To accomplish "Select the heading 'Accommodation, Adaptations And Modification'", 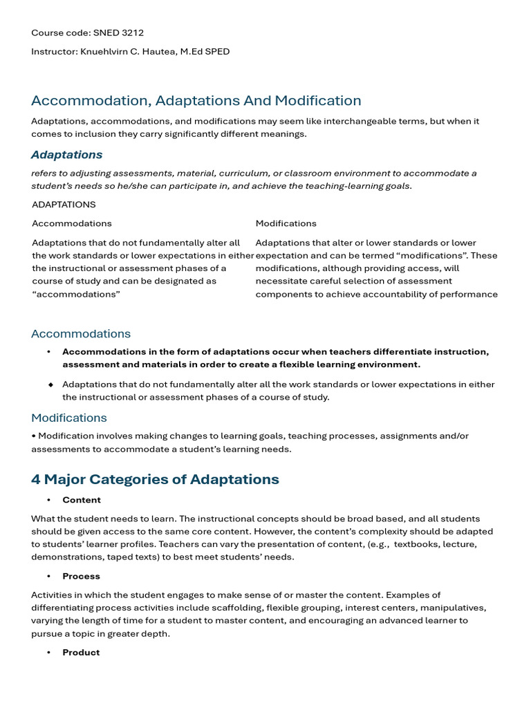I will [196, 100].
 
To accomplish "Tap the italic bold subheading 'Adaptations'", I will [66, 154].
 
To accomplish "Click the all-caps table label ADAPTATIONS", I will [64, 205].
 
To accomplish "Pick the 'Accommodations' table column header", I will [71, 223].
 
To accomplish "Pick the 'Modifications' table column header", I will [286, 223].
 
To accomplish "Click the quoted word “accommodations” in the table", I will [75, 294].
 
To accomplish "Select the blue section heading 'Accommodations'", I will [80, 333].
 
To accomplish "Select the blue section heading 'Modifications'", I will [68, 418].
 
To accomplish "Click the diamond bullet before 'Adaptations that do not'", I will [50, 384].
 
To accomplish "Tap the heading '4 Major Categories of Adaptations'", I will [155, 479].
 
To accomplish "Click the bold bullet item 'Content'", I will [81, 500].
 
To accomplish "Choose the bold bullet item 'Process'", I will [81, 576].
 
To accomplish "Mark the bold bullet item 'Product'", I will [81, 652].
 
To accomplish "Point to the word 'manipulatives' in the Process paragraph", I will [454, 608].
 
